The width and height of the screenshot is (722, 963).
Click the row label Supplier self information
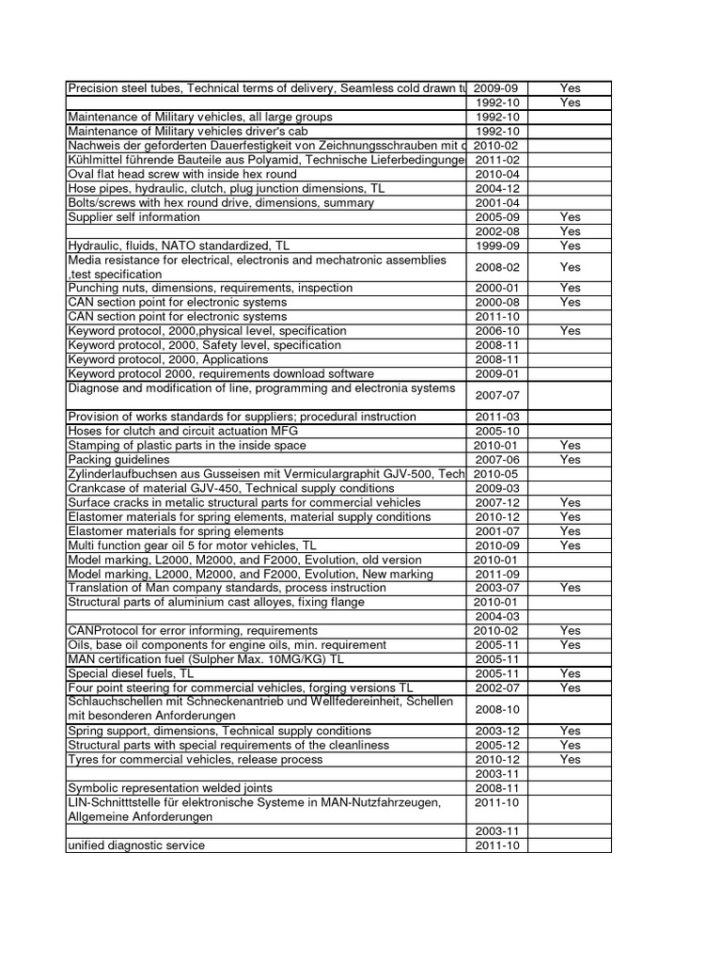[133, 217]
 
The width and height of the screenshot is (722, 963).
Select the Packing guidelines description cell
[118, 460]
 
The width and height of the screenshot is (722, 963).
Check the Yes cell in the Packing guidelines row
[570, 460]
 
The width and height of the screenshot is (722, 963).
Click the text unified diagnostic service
[136, 845]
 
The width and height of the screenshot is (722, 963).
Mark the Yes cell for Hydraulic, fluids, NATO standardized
[570, 245]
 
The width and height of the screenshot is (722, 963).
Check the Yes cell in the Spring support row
[570, 731]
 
